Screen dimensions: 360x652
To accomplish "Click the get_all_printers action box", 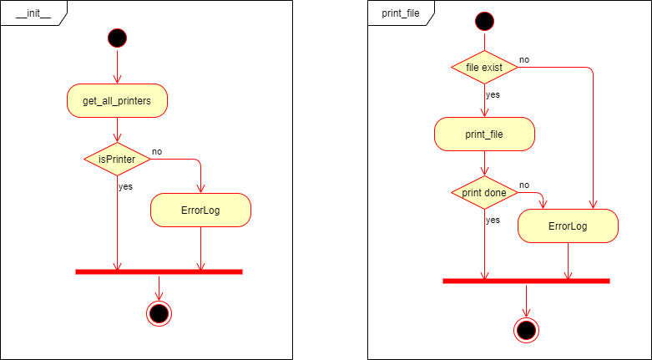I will click(117, 101).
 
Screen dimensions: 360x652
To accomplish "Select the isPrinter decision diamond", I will click(117, 159).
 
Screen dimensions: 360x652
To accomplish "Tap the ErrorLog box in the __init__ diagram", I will click(200, 210).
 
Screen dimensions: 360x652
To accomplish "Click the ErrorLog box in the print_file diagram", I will click(568, 226).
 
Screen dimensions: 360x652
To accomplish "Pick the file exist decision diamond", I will click(484, 67).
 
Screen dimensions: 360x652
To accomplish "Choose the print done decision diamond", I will click(484, 193).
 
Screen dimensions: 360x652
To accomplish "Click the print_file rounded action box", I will click(484, 134).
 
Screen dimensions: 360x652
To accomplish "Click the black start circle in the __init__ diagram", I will click(117, 38).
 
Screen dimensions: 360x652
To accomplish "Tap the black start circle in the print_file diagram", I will click(484, 21).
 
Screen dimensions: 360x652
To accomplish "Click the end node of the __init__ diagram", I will click(158, 313).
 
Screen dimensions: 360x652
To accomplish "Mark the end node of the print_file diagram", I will click(526, 330).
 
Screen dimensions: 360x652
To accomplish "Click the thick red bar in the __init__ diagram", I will click(159, 271).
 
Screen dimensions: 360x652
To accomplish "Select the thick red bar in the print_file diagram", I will click(526, 281).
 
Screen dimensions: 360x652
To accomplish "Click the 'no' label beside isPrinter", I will click(157, 152).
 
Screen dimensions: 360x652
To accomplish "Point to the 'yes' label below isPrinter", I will click(125, 186).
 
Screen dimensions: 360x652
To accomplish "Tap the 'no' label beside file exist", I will click(524, 60).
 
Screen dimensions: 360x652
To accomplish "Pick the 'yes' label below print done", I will click(493, 220).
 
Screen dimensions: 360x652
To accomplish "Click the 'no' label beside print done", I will click(524, 185).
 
